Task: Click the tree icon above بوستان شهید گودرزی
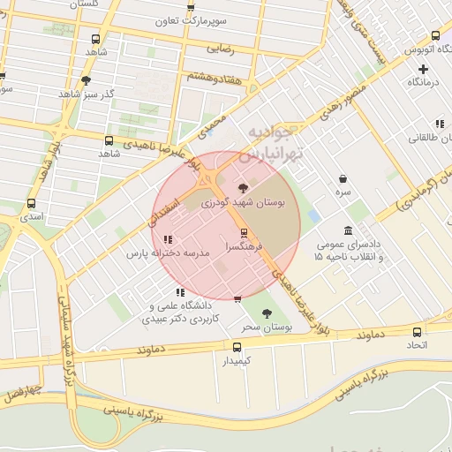pos(243,187)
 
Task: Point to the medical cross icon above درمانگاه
pos(424,69)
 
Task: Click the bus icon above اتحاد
pos(418,332)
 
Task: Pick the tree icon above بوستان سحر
pos(267,313)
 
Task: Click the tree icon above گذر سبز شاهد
pos(86,80)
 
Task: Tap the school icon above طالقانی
pos(440,124)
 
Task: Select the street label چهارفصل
pos(19,392)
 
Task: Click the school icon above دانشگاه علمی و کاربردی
pos(179,292)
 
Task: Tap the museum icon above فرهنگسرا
pos(244,232)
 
